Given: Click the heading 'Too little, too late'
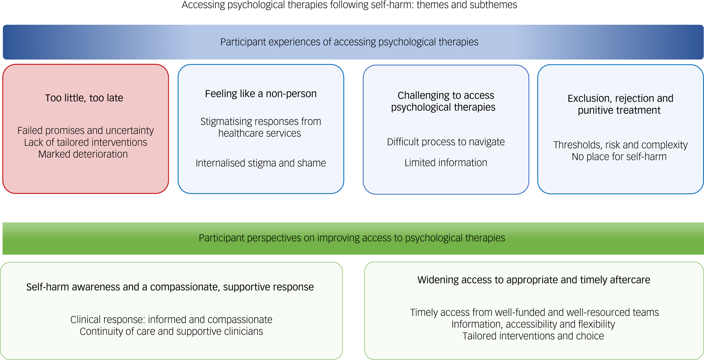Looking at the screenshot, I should (84, 98).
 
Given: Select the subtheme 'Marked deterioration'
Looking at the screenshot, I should (83, 154).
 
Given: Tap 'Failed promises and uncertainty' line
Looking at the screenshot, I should (86, 130).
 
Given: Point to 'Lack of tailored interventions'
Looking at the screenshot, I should (86, 142).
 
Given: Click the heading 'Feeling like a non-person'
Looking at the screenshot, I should (261, 94).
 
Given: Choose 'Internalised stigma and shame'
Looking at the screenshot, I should (261, 163).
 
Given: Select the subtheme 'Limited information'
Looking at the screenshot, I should (445, 163).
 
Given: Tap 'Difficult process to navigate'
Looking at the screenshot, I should (445, 142).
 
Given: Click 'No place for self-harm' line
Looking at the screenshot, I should (619, 157).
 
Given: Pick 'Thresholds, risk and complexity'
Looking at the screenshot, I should (620, 145).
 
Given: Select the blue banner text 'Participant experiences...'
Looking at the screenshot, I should (349, 42).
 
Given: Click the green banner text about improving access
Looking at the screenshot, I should (351, 238).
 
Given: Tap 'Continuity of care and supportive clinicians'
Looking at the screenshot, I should (171, 331).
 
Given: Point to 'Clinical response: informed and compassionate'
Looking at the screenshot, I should (171, 320).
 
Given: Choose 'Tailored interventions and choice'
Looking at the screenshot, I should (533, 336).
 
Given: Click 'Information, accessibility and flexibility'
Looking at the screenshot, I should (533, 324).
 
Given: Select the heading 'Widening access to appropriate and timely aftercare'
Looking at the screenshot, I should (534, 280).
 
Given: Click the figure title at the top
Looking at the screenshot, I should (349, 5).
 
